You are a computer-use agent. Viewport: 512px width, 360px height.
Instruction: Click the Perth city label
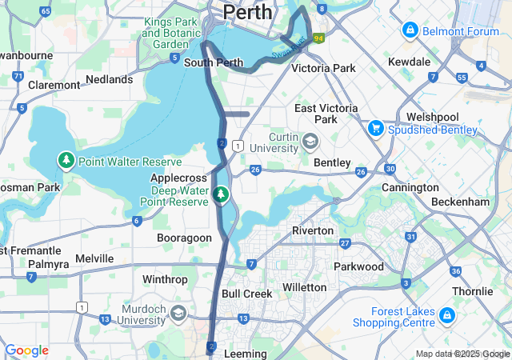[x=248, y=12]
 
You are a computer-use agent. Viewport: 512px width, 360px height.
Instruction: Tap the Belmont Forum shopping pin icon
[x=410, y=30]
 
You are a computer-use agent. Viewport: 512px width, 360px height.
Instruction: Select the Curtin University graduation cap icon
[x=310, y=142]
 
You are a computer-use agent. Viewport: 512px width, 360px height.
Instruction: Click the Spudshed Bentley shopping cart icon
[x=375, y=128]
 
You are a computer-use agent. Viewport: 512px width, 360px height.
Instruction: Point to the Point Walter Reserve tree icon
[x=66, y=162]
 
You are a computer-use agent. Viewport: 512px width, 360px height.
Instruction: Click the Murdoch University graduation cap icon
[x=178, y=313]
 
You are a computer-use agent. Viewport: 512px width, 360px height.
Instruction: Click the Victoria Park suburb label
[x=323, y=69]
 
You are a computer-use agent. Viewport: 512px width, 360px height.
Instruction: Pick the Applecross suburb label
[x=179, y=178]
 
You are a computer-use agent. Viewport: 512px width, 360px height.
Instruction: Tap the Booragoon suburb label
[x=184, y=238]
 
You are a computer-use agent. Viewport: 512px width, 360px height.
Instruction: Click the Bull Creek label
[x=246, y=294]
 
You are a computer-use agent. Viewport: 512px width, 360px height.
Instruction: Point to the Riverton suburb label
[x=313, y=230]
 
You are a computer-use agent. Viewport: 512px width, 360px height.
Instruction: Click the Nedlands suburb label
[x=109, y=79]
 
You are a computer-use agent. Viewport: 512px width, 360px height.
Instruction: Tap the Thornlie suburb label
[x=472, y=291]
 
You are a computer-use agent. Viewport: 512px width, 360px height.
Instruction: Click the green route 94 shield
[x=319, y=38]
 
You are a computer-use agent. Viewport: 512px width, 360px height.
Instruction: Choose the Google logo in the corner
[x=26, y=350]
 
